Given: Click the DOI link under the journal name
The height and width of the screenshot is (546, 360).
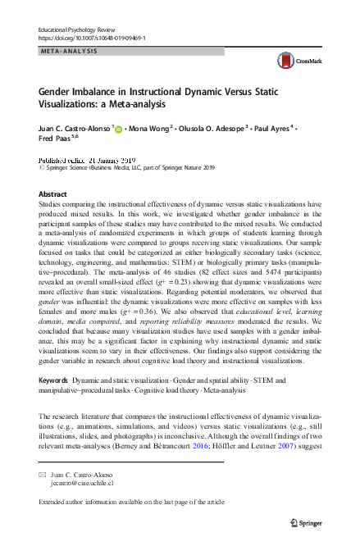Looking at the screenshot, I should tap(92, 38).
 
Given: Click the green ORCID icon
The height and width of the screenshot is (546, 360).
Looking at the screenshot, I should tap(118, 129).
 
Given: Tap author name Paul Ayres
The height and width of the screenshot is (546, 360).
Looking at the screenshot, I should tap(274, 128).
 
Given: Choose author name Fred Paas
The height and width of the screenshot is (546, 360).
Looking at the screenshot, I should tap(55, 140).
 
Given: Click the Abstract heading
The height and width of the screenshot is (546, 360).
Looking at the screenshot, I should tap(53, 193).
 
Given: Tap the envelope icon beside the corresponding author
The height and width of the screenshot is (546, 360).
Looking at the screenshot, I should tap(43, 475).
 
